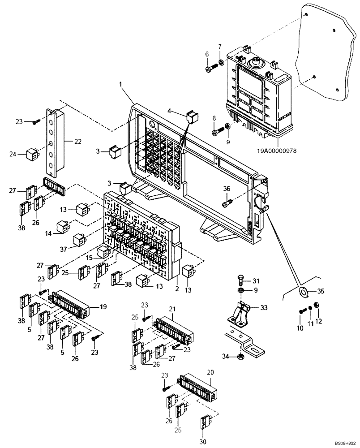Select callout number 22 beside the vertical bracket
77,142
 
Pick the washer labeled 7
222,61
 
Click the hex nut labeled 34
240,356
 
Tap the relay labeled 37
80,238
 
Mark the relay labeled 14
63,226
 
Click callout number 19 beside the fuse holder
103,307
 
